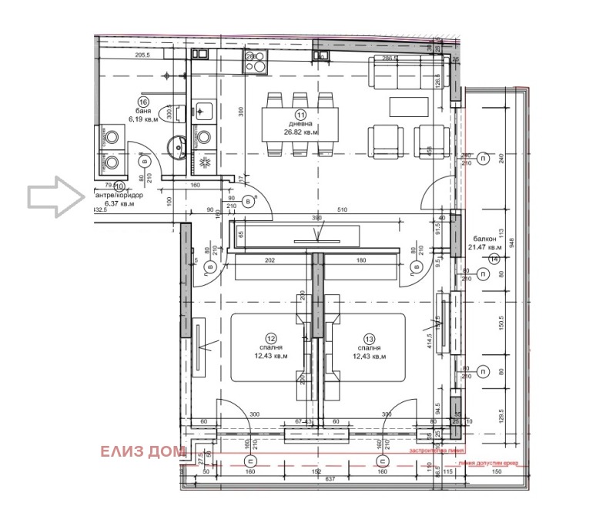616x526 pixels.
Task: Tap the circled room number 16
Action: (x=142, y=102)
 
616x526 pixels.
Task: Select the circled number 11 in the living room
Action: (x=300, y=113)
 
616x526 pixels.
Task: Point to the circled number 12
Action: (x=271, y=337)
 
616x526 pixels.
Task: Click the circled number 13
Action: (x=370, y=337)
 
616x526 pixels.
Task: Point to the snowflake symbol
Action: (x=206, y=165)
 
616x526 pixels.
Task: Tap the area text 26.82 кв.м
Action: (x=300, y=132)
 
